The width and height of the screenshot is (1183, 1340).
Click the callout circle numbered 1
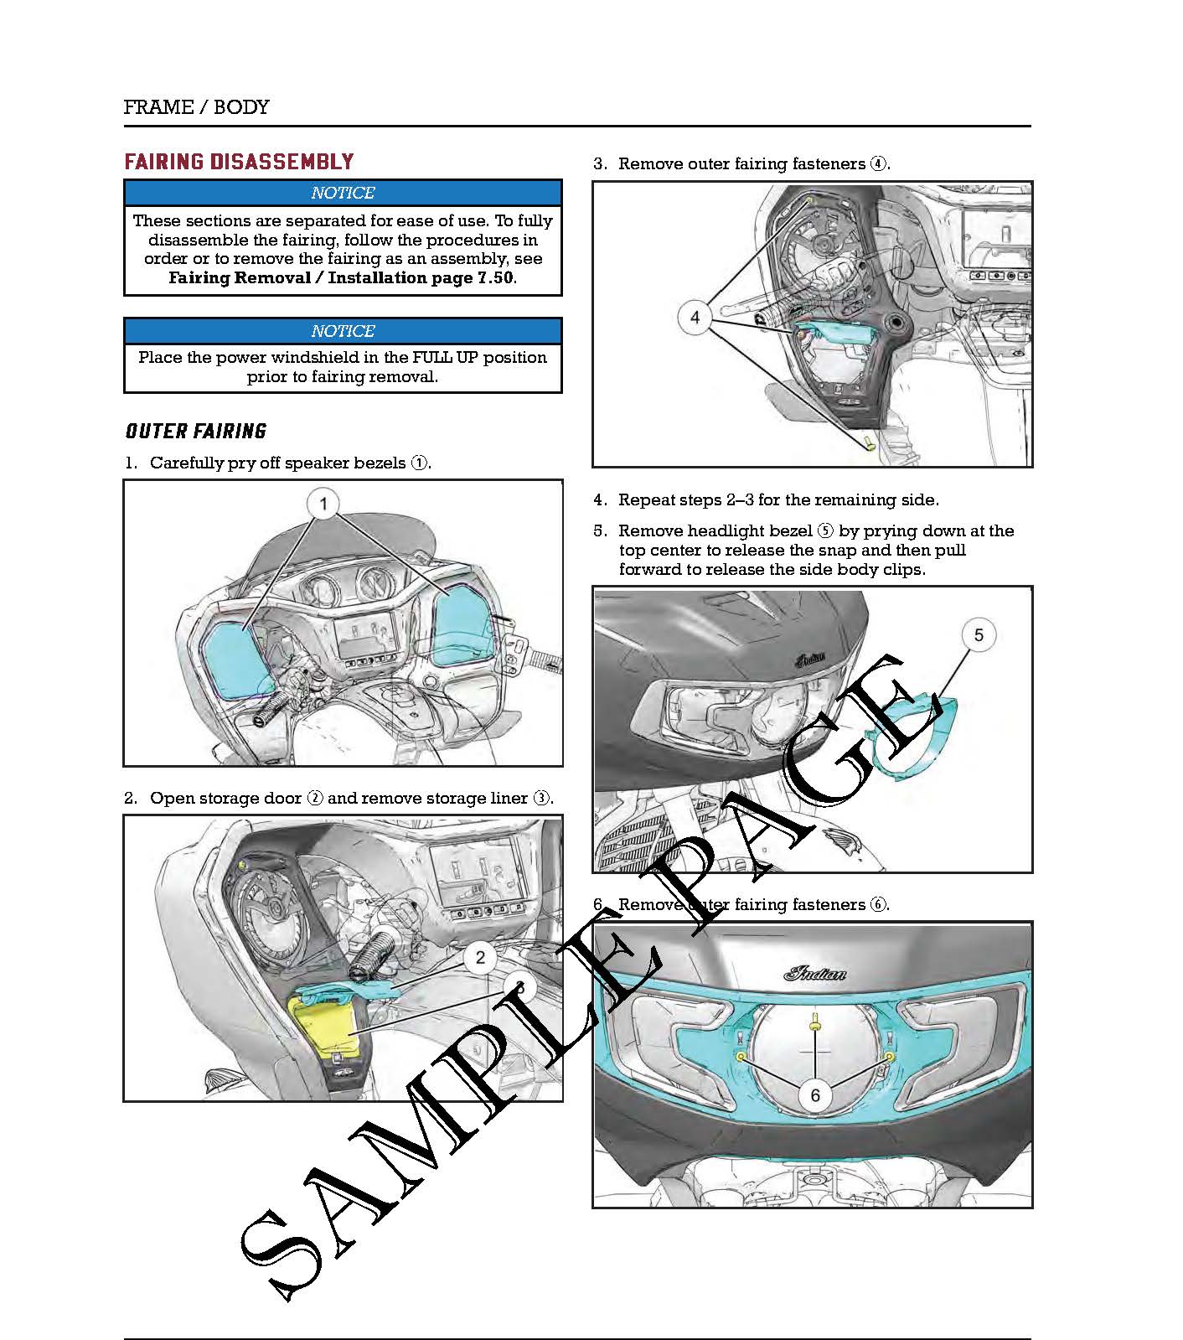point(323,504)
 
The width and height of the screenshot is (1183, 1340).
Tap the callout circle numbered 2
point(480,957)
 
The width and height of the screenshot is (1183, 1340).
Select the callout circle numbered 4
point(695,318)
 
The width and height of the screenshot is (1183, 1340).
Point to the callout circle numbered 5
point(979,634)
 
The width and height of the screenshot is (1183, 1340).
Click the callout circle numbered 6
point(815,1095)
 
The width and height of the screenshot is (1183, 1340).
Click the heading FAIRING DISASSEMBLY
point(240,162)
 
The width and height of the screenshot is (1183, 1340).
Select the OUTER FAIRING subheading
point(196,431)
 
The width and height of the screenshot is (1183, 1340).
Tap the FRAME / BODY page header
point(196,107)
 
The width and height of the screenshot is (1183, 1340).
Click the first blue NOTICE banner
point(343,193)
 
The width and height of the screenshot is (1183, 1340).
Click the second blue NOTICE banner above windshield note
point(343,330)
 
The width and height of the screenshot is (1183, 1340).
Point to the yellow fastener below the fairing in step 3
point(869,442)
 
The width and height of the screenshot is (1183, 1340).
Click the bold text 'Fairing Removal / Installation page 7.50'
point(341,278)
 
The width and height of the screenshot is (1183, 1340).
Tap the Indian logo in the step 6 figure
point(814,973)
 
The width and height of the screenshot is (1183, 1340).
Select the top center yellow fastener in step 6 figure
point(814,1022)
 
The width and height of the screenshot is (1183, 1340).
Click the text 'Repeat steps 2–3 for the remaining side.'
point(778,500)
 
